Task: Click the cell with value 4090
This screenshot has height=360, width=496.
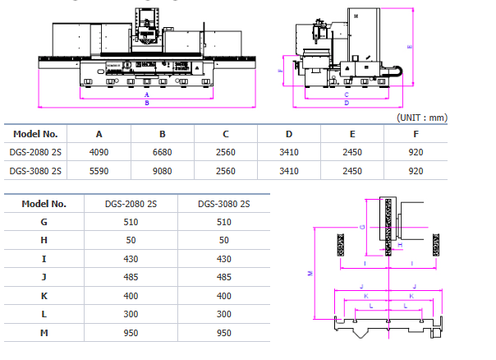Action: (x=99, y=152)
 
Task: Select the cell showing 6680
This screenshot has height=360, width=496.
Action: (x=163, y=152)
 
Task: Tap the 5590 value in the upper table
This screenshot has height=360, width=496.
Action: (x=99, y=171)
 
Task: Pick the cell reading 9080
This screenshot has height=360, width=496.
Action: (x=163, y=171)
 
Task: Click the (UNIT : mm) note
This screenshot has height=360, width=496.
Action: (x=422, y=118)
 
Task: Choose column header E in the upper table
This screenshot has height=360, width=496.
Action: (x=351, y=133)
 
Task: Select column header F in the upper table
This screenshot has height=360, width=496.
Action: (x=416, y=133)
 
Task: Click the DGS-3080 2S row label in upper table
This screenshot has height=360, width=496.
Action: (x=35, y=171)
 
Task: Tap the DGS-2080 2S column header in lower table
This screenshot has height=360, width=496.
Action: (x=131, y=204)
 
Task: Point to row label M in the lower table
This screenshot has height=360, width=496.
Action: (x=44, y=334)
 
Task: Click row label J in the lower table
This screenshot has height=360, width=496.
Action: (x=44, y=277)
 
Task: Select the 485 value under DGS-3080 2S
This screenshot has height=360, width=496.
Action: (x=224, y=277)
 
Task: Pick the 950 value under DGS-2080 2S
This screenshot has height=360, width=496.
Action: (x=131, y=334)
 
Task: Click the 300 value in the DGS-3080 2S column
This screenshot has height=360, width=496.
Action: (x=224, y=315)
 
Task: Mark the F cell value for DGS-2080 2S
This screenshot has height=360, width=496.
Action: (x=416, y=152)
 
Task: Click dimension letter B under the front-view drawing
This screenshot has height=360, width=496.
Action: (x=146, y=104)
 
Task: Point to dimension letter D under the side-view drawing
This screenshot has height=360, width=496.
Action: (x=347, y=104)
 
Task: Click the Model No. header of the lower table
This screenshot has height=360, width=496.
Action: (x=44, y=204)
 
